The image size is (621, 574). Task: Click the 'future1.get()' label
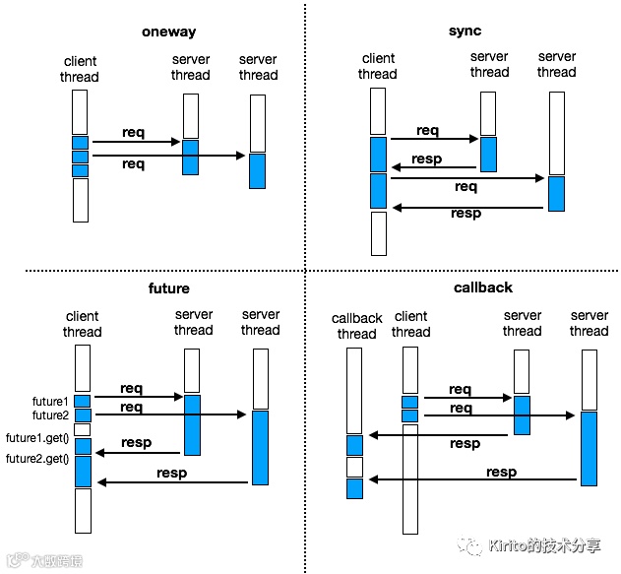click(37, 438)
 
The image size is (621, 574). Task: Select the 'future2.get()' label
click(37, 460)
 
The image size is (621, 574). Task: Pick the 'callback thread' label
click(356, 326)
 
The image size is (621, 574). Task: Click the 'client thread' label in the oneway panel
click(81, 69)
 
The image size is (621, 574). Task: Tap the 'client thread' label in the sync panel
click(378, 66)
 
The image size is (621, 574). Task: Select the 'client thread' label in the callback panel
click(410, 324)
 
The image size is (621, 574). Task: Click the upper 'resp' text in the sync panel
click(427, 159)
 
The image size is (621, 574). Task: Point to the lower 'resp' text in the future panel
click(171, 474)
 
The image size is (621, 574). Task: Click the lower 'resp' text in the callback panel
click(501, 473)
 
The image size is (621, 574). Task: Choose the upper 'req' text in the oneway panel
click(134, 132)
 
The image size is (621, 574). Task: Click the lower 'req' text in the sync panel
click(466, 186)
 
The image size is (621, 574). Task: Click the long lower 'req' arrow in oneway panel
click(167, 156)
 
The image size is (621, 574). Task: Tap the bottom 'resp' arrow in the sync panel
click(466, 207)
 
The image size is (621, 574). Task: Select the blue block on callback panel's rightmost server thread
click(589, 448)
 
